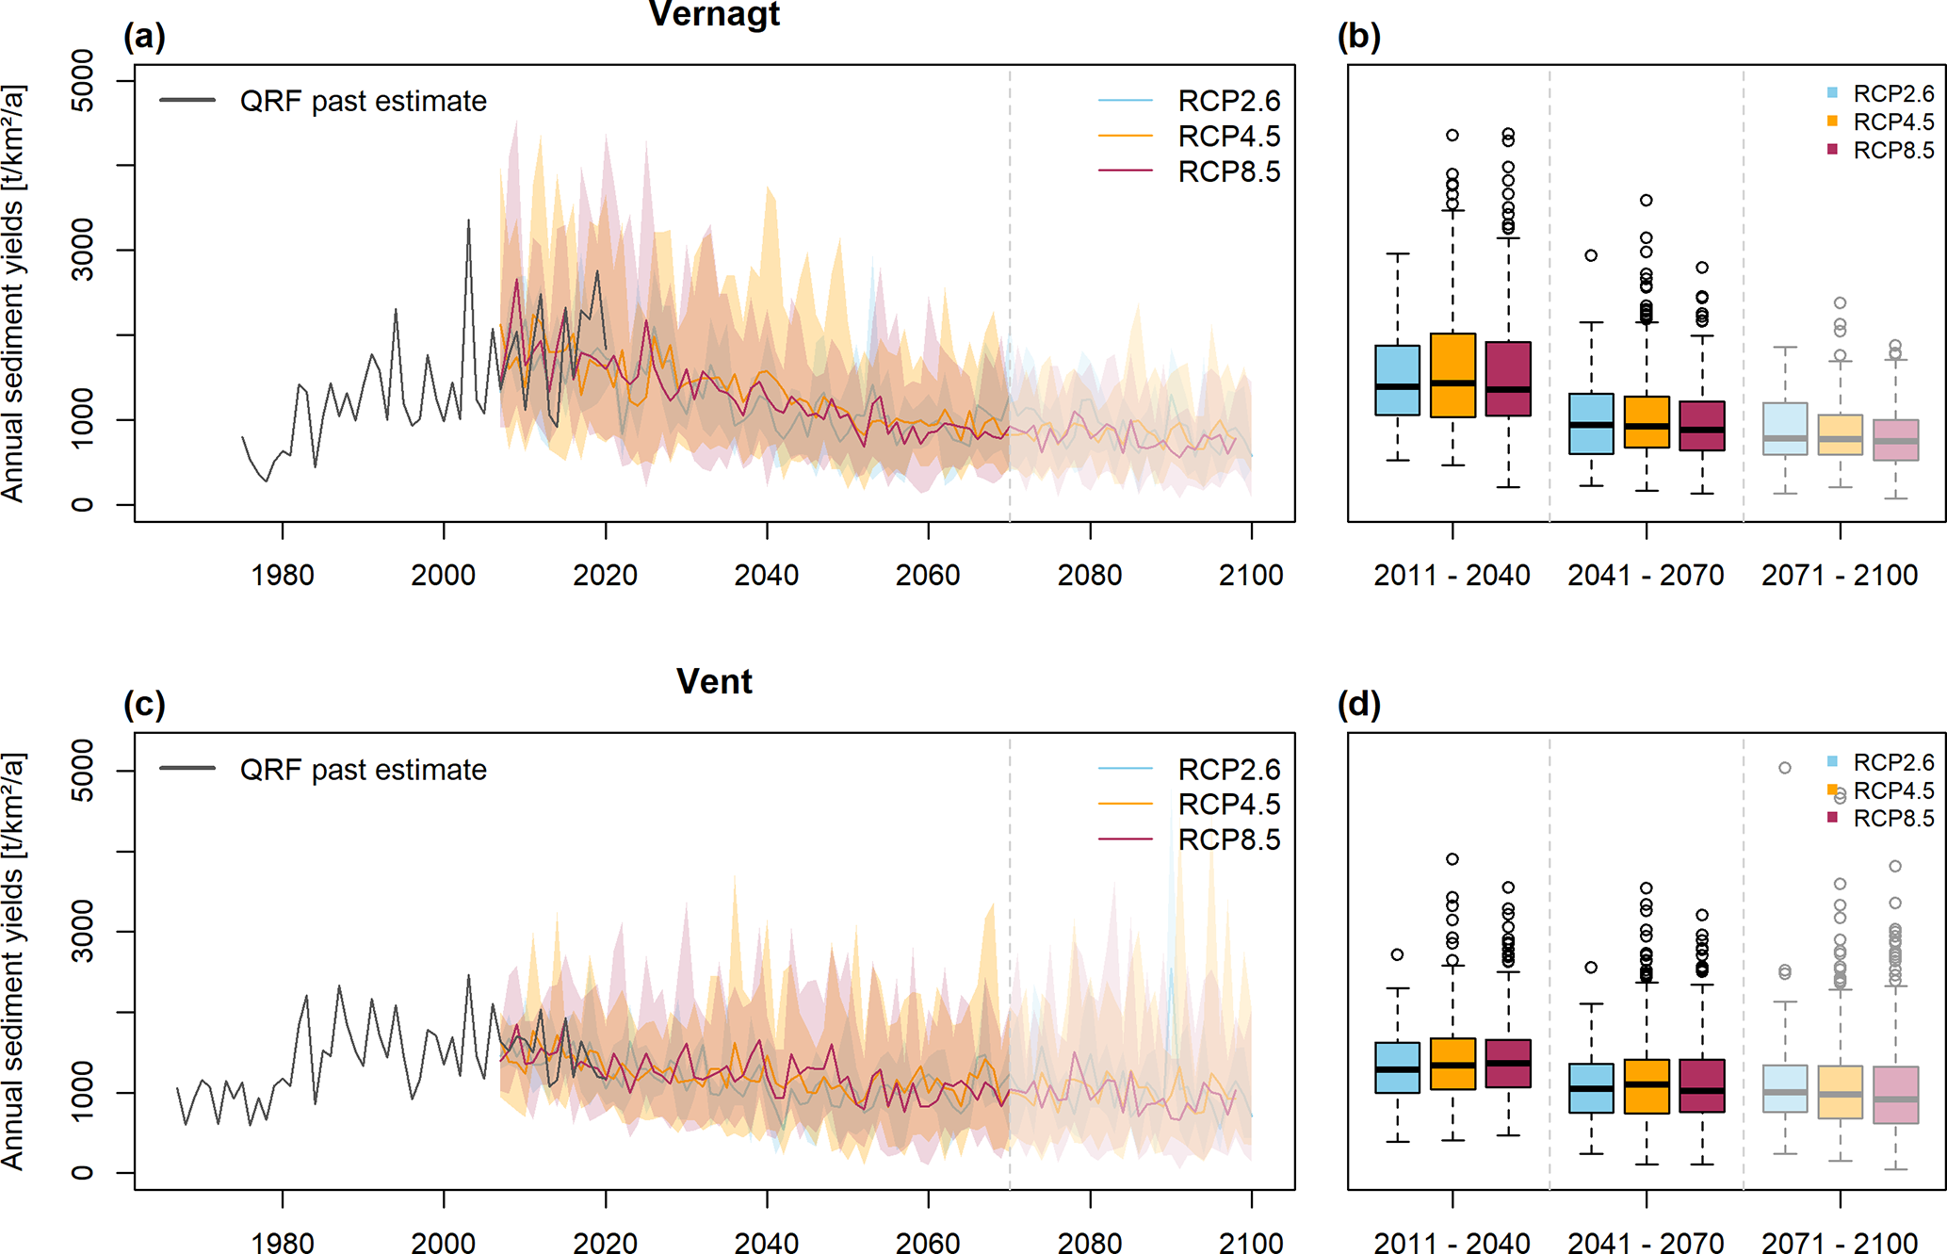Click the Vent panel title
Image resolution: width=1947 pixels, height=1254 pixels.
coord(714,681)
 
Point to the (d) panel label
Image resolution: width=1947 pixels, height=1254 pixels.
coord(1358,704)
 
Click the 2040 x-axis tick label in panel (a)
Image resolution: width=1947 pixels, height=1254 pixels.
coord(767,575)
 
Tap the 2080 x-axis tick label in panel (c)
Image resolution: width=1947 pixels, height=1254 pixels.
coord(1090,1243)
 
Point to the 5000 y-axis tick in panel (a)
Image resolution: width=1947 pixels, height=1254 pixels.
coord(83,81)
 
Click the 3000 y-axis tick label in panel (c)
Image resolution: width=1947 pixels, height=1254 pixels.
coord(83,931)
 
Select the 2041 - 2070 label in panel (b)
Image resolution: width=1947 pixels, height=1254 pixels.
coord(1646,575)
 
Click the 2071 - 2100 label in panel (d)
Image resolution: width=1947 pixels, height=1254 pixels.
coord(1840,1243)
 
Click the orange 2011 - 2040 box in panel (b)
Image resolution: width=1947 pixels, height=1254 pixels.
coord(1452,375)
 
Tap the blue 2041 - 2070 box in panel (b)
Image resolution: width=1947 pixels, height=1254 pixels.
coord(1591,424)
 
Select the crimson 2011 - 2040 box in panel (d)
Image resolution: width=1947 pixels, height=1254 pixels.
coord(1508,1064)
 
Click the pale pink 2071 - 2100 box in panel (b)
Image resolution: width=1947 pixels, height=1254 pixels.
coord(1895,440)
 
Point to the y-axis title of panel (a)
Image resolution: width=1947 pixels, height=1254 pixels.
coord(13,293)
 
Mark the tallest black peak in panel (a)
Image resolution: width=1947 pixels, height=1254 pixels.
coord(469,221)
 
